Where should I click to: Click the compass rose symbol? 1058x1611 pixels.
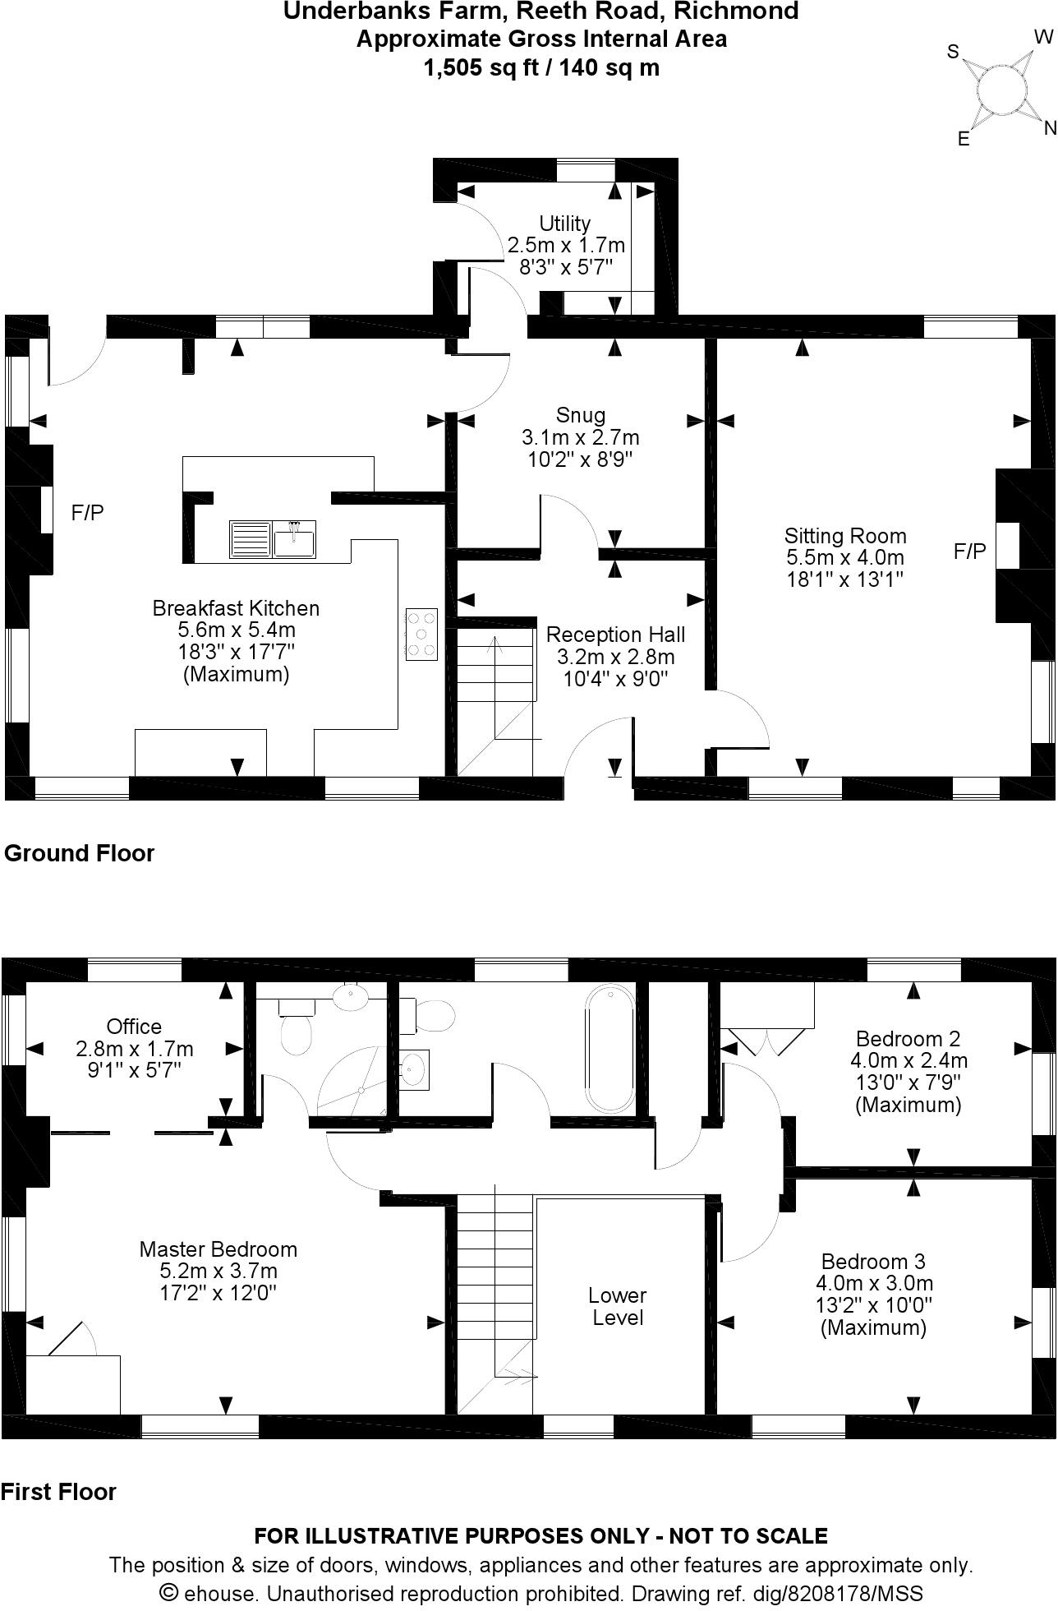(1002, 88)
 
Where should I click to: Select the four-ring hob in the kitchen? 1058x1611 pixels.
(421, 634)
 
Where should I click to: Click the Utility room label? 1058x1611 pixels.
(565, 224)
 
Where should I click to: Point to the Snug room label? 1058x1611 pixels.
(581, 415)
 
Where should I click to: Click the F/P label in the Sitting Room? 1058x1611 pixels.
(969, 552)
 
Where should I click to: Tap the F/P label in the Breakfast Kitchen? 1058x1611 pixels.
(88, 513)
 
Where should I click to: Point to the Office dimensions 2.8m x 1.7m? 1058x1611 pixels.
(135, 1049)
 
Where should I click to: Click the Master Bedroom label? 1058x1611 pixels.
(218, 1249)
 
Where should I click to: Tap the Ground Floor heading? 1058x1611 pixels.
(80, 853)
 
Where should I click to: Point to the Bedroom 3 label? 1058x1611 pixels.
(873, 1261)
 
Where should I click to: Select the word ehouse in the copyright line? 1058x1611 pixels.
(213, 1593)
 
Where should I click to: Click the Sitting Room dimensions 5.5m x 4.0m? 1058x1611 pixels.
(845, 557)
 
